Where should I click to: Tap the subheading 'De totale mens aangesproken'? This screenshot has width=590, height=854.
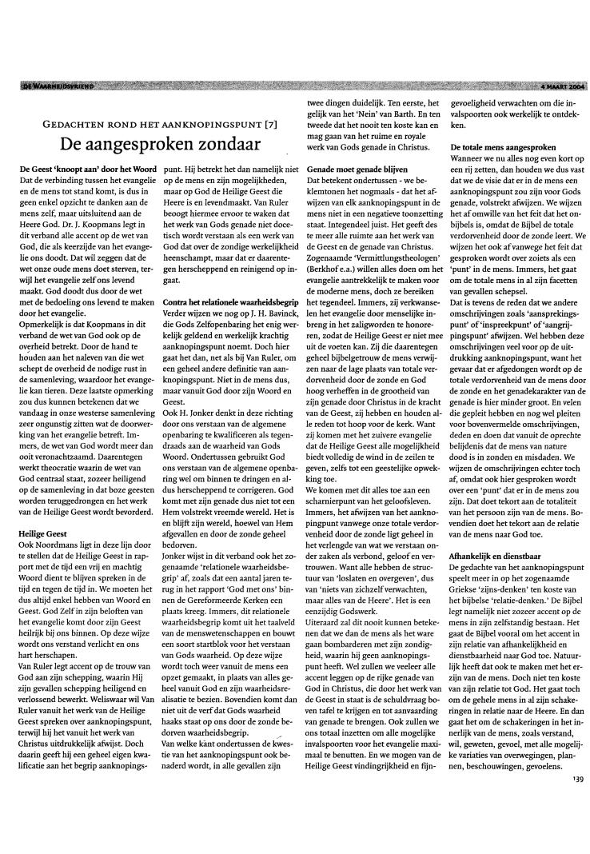pos(502,149)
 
